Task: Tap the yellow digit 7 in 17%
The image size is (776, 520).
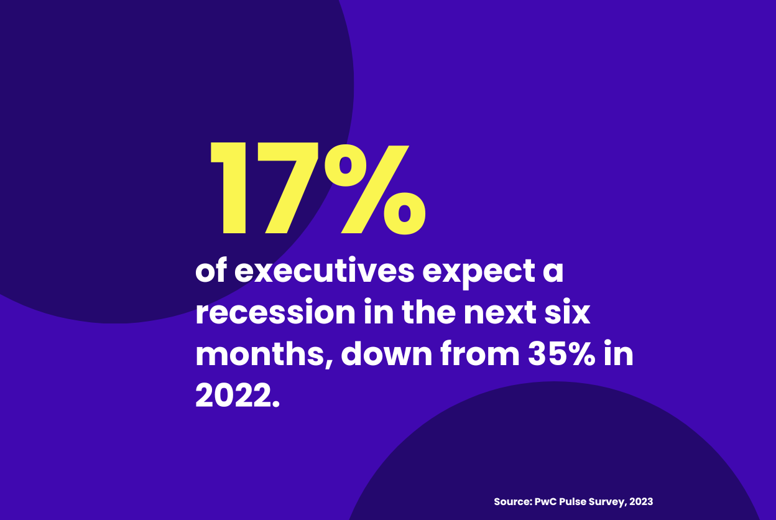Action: click(x=290, y=188)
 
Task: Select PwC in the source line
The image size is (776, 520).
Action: click(x=545, y=501)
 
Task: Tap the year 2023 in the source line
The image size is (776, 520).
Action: click(x=640, y=501)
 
